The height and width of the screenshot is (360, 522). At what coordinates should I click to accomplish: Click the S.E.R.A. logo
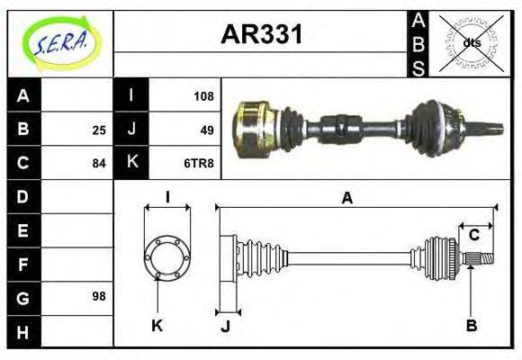59,42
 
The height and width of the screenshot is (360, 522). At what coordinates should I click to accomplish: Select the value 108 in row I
202,95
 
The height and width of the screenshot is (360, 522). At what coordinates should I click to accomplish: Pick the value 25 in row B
98,130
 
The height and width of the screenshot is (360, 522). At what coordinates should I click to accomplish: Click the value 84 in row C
98,164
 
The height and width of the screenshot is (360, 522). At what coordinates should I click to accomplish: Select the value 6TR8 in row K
199,164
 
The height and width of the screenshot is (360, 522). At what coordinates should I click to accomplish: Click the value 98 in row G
98,296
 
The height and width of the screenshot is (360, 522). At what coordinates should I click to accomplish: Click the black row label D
22,196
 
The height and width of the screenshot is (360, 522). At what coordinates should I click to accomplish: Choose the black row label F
22,264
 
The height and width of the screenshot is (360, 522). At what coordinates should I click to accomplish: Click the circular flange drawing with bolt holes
167,257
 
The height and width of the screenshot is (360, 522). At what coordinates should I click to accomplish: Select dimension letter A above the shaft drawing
346,198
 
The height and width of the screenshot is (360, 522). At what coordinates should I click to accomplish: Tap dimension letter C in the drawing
472,235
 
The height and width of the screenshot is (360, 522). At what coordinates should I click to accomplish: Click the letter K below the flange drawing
156,326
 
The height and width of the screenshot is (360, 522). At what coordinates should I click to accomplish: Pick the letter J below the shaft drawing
226,326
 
